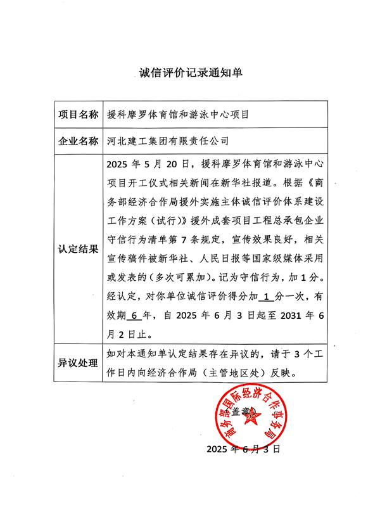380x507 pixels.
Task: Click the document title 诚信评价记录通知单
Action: (x=190, y=73)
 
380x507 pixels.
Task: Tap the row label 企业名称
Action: (x=78, y=141)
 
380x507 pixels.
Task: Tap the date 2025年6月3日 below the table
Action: (x=243, y=449)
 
